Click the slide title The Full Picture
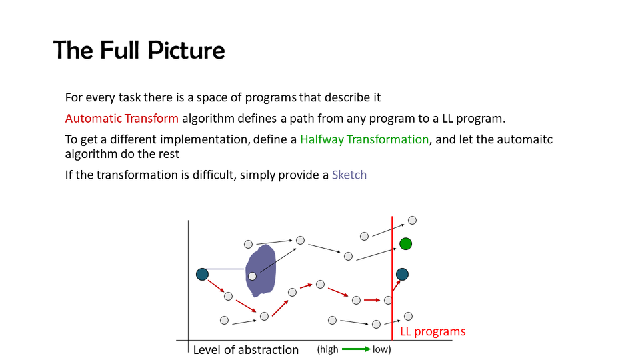(x=139, y=51)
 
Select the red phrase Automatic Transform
(x=121, y=119)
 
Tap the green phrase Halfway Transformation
(x=364, y=139)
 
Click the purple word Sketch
(x=349, y=175)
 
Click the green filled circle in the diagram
(x=405, y=244)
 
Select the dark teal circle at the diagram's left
(x=202, y=274)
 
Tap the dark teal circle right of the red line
(x=402, y=274)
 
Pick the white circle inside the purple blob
(x=252, y=276)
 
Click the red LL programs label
(x=433, y=331)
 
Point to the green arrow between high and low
(x=356, y=349)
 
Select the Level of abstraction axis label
(x=246, y=350)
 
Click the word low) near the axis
(x=381, y=349)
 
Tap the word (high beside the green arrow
(x=328, y=349)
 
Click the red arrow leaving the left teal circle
(x=216, y=286)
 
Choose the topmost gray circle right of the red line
(x=412, y=221)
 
